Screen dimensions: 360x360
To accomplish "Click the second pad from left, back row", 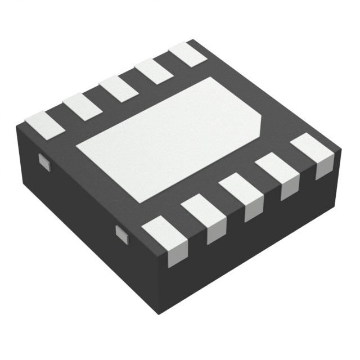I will [82, 106].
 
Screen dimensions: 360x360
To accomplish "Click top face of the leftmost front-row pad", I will [164, 231].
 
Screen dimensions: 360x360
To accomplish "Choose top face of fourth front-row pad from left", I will [275, 168].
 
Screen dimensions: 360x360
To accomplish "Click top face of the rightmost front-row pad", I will [309, 147].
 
